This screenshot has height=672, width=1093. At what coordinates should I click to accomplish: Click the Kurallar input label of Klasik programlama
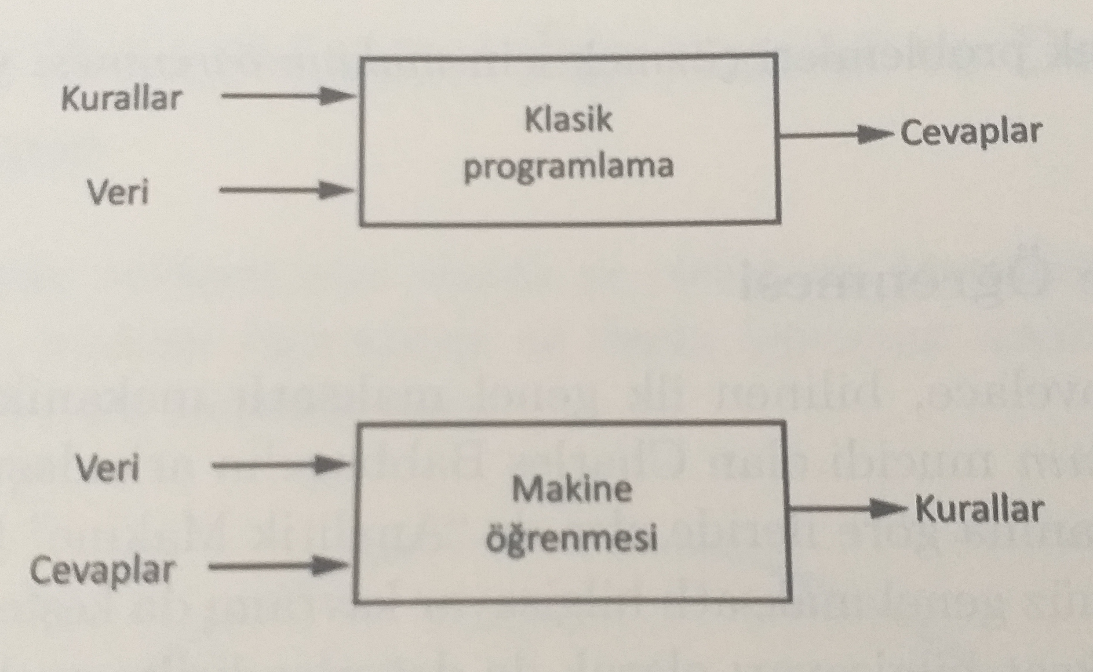[x=121, y=98]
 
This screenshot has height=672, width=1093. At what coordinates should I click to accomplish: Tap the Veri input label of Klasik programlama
[x=118, y=193]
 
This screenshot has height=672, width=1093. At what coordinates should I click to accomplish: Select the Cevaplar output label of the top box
[x=971, y=133]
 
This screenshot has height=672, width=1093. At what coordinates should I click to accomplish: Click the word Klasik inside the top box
[x=568, y=120]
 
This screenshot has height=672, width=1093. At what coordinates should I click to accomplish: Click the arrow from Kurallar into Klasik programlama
[x=287, y=95]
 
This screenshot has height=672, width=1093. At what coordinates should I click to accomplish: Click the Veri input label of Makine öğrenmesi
[x=108, y=468]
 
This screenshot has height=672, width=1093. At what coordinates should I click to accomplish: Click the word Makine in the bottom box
[x=572, y=489]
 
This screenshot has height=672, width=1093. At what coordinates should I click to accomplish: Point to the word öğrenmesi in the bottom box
[x=572, y=538]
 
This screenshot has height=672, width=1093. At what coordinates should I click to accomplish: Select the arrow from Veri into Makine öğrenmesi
[x=280, y=465]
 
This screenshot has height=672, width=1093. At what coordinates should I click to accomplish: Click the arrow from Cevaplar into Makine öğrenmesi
[x=278, y=566]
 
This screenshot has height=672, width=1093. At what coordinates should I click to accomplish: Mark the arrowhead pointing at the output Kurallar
[x=887, y=509]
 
